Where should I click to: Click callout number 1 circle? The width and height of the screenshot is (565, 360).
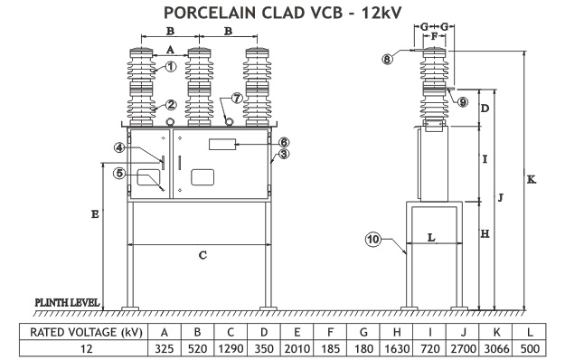171,67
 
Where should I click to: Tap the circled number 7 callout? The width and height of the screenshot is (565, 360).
237,98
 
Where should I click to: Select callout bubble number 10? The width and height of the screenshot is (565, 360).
373,240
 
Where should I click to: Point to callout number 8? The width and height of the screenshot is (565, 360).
387,59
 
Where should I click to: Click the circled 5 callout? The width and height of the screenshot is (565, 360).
119,174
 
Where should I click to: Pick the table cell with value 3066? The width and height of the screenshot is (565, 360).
495,348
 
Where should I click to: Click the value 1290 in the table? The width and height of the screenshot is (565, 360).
231,348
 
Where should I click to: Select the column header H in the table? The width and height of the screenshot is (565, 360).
396,332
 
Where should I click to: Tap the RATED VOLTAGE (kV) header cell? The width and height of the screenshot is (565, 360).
86,332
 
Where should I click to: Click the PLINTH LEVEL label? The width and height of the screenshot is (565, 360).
67,302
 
